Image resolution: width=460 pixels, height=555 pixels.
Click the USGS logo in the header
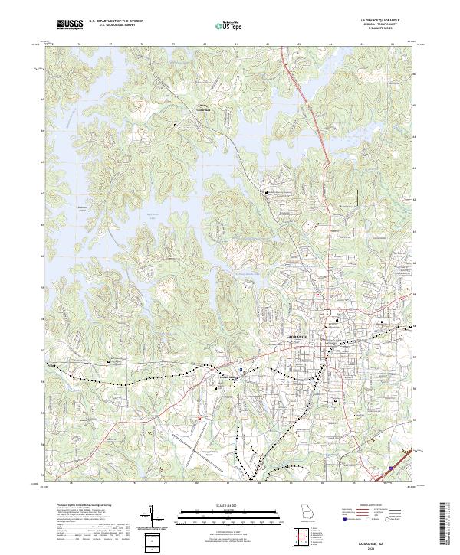[x=69, y=25]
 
